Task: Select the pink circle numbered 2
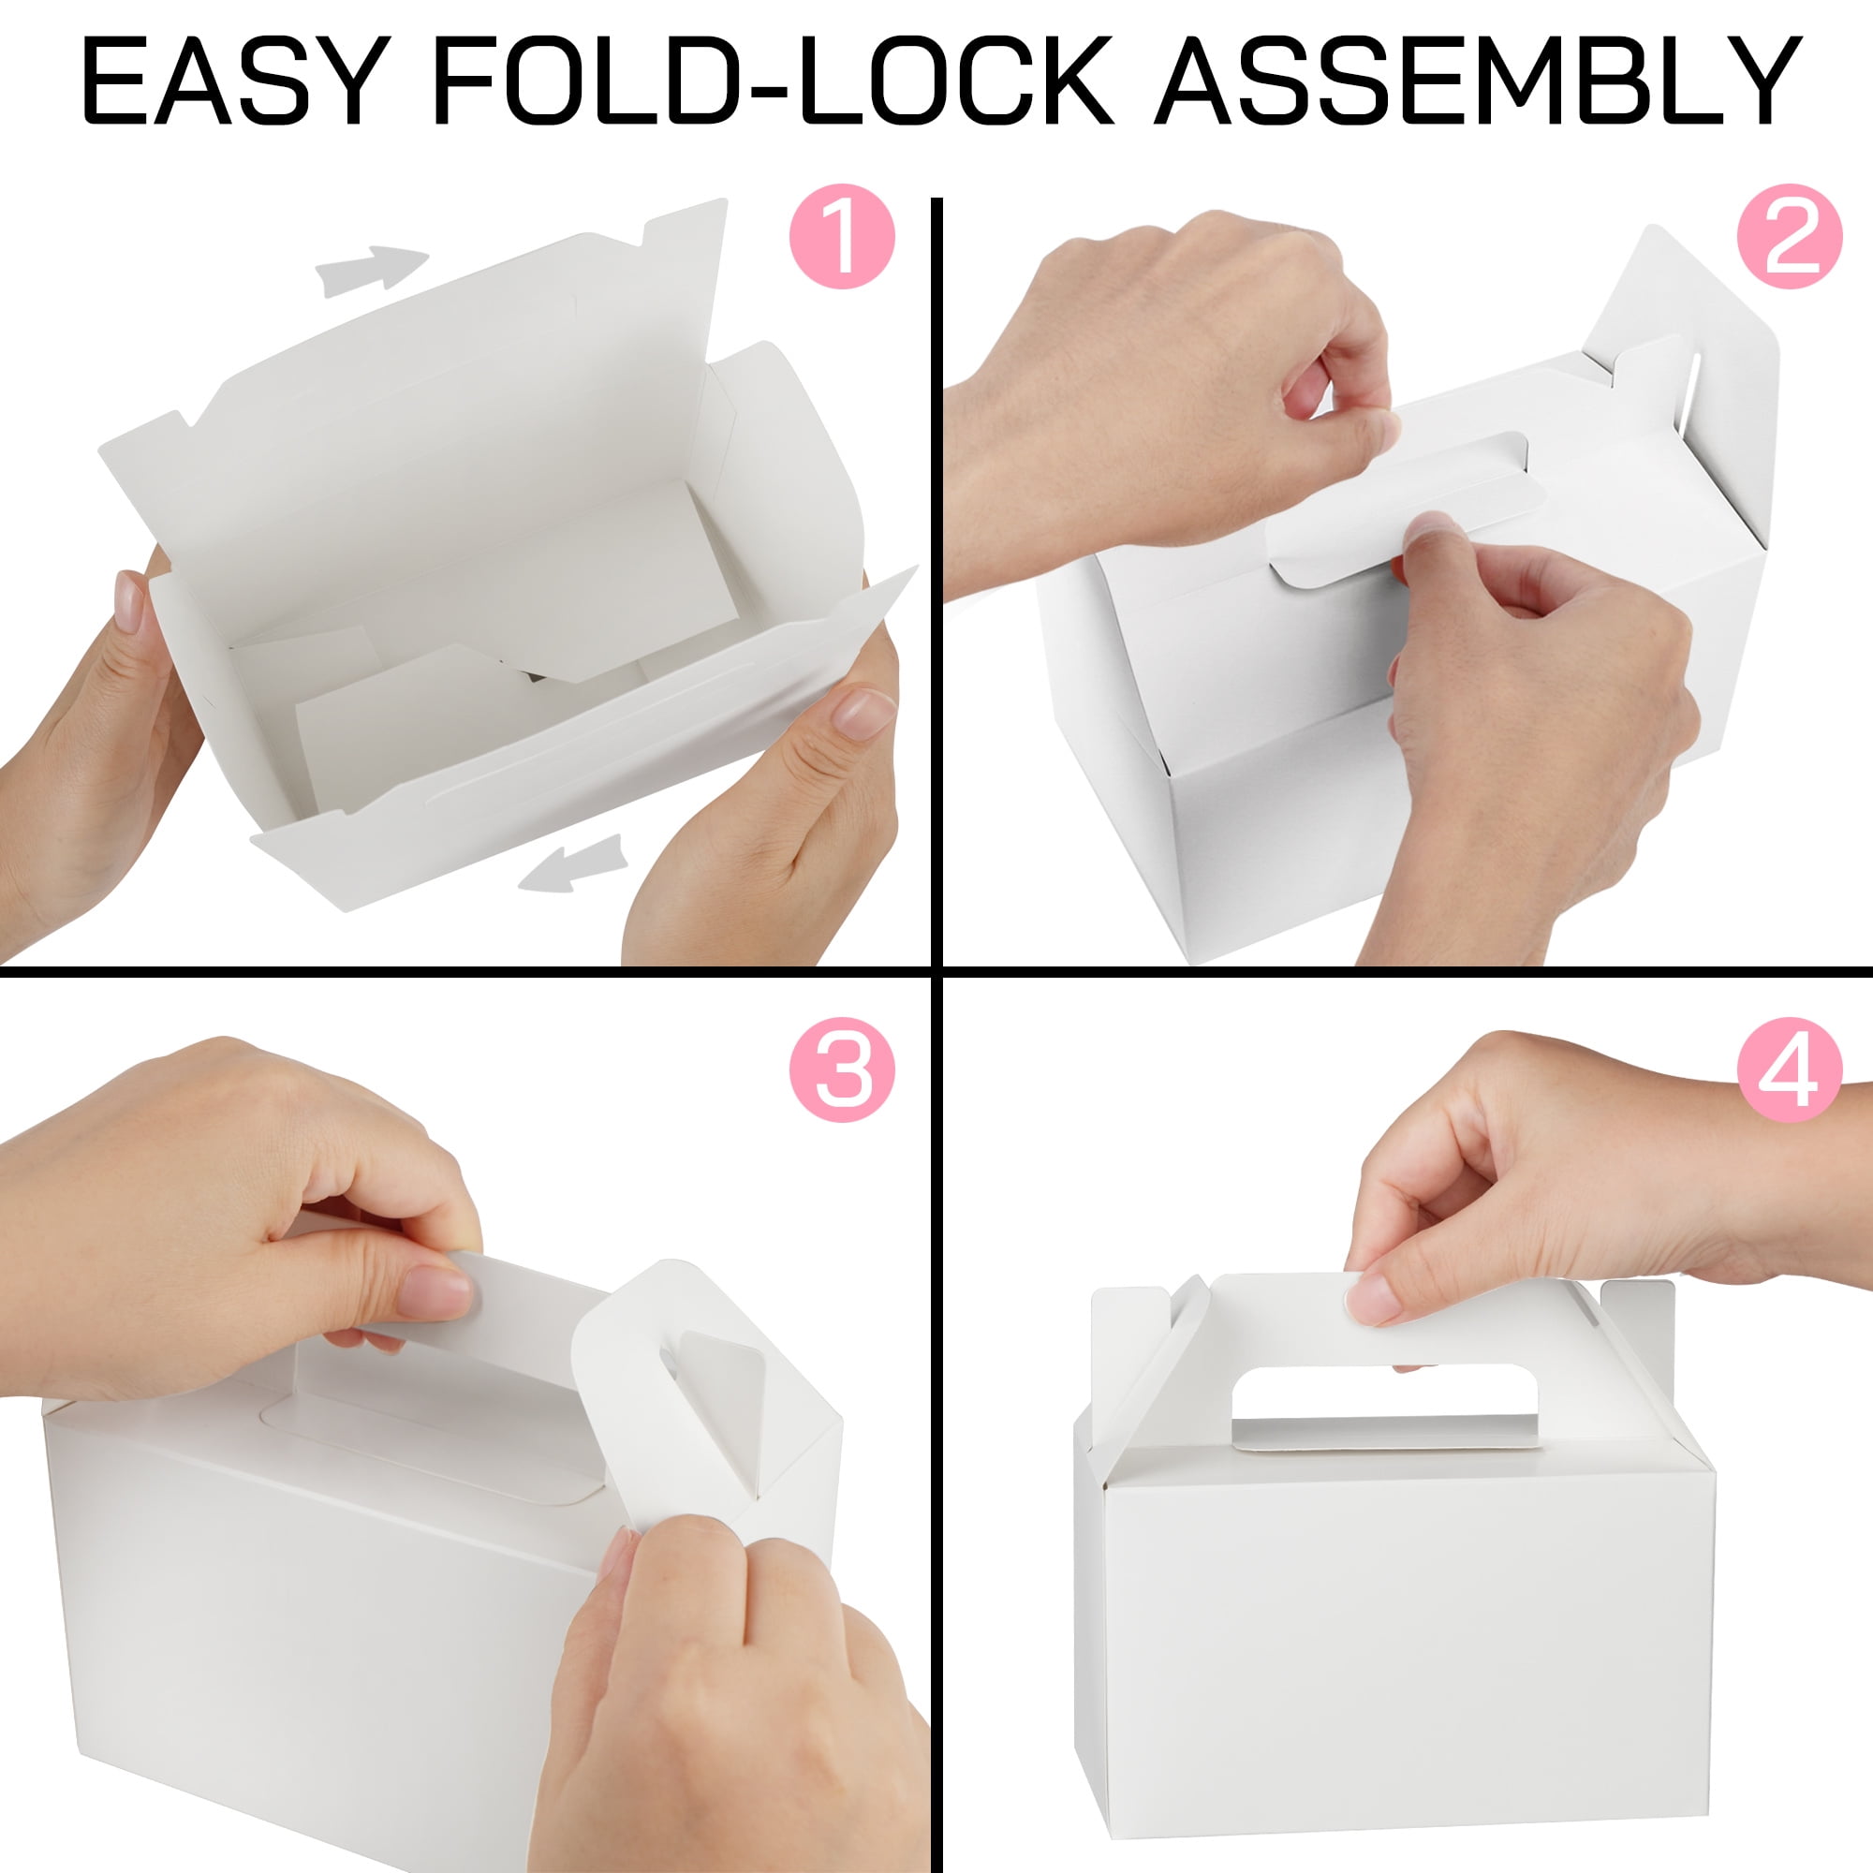coord(1789,237)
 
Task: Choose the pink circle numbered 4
coord(1789,1070)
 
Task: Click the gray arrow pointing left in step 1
coord(572,863)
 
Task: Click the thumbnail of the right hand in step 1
coord(863,714)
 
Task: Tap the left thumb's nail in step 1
coord(129,601)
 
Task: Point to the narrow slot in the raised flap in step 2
coord(1691,388)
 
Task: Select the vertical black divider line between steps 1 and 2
coord(936,582)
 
